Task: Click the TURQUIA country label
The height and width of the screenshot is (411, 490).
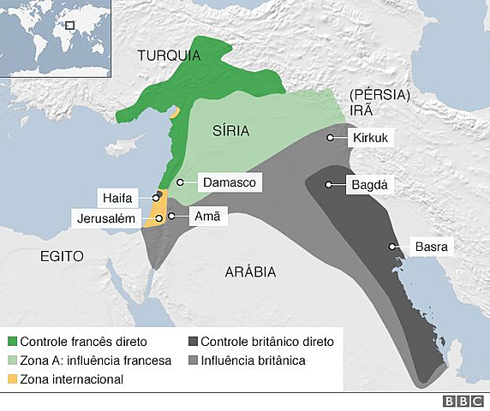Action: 169,57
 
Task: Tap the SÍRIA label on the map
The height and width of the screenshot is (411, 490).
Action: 230,131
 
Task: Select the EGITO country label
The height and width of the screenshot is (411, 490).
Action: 61,256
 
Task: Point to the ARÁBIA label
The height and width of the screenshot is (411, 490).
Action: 250,271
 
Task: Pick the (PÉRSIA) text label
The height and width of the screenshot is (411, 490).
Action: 376,94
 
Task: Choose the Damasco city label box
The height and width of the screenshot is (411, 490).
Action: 229,182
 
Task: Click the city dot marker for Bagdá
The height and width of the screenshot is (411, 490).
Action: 328,184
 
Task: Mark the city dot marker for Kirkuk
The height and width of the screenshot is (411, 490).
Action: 330,138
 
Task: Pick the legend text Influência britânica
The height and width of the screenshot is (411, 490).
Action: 254,360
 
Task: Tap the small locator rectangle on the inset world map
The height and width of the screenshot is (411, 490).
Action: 70,26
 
